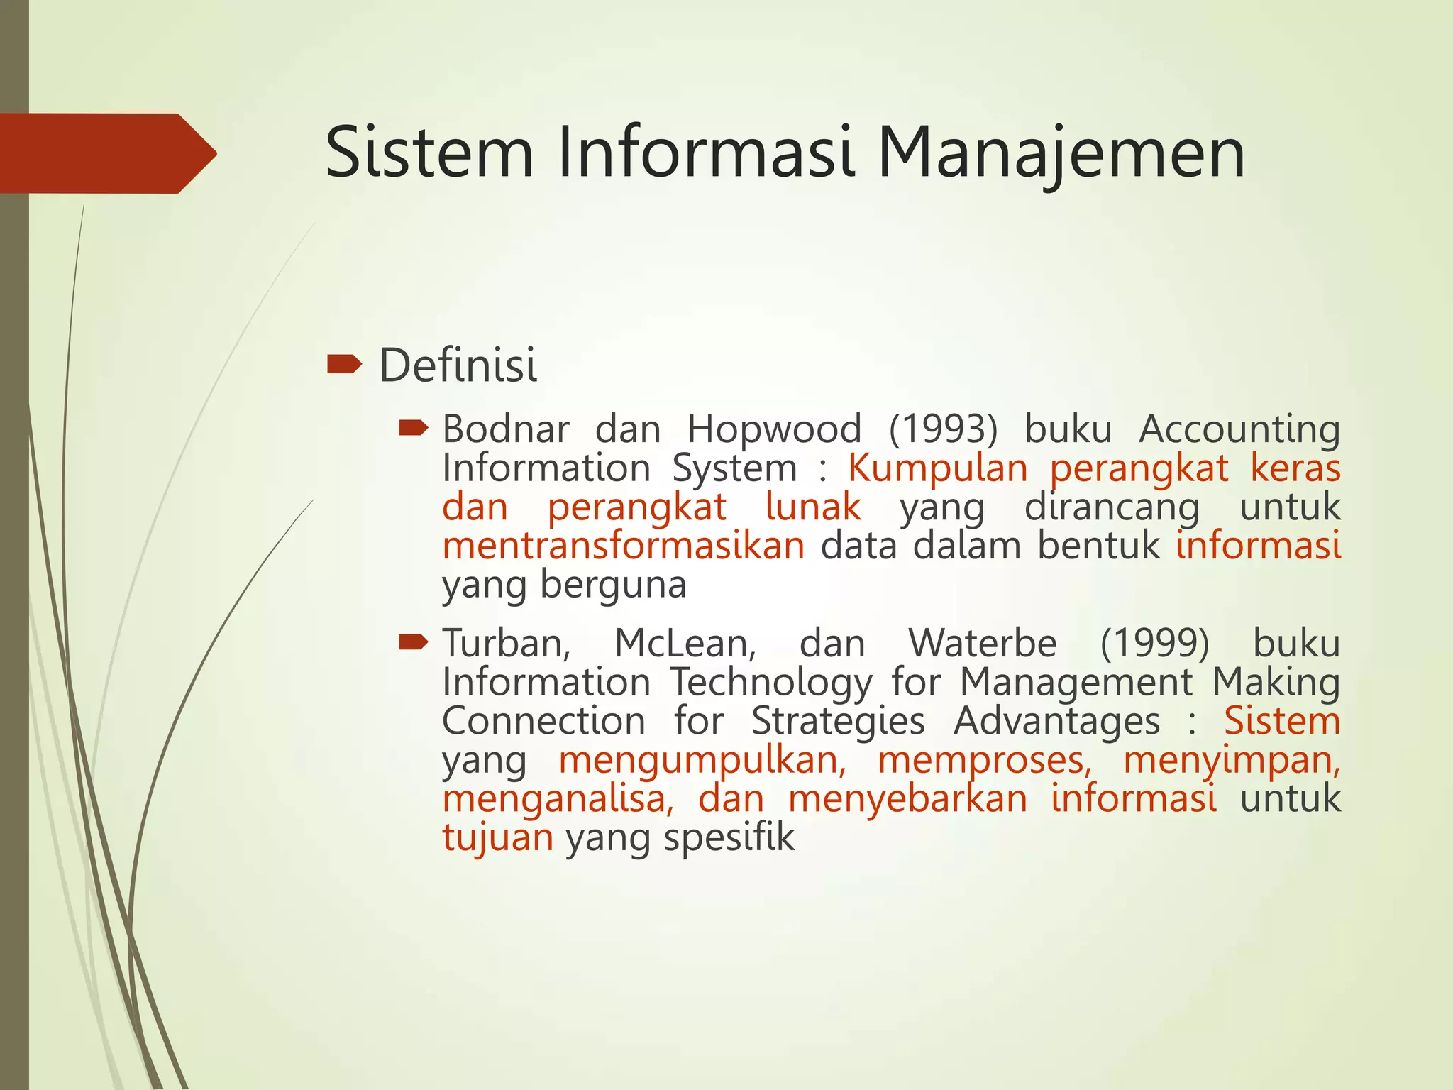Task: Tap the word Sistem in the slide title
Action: point(429,153)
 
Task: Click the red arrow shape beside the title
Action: point(106,153)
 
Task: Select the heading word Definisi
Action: point(458,365)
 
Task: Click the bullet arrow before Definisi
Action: point(344,365)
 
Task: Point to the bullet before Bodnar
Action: point(413,428)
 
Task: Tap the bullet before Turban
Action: point(413,642)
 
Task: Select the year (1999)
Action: point(1154,644)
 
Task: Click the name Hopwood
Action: point(774,429)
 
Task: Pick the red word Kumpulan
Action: point(937,468)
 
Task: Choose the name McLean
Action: point(685,644)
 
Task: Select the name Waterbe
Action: point(982,644)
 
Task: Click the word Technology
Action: point(770,683)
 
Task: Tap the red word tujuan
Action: point(497,838)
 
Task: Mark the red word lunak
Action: point(813,507)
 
